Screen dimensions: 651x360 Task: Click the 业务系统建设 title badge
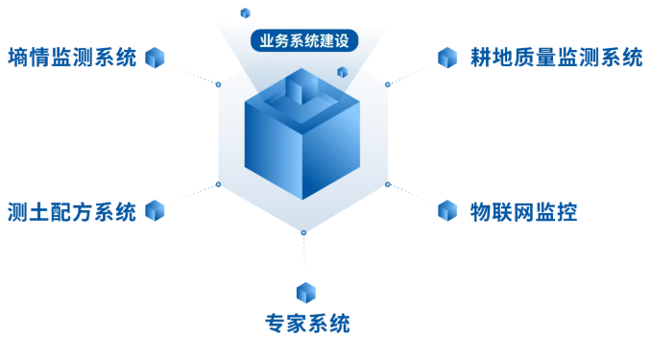[x=304, y=40]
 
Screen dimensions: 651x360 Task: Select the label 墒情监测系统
[x=72, y=58]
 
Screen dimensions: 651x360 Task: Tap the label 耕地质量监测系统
[x=557, y=58]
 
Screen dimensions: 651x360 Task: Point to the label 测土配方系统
[x=72, y=212]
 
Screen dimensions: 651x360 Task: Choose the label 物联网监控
[x=524, y=212]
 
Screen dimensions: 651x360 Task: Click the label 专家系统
[x=307, y=324]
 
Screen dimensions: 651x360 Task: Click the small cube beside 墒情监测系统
[x=155, y=58]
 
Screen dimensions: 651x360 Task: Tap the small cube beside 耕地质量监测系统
[x=447, y=58]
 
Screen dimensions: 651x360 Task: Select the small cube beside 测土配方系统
[x=155, y=210]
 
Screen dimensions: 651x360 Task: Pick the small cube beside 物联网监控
[x=447, y=210]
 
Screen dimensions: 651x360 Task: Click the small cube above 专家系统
[x=306, y=293]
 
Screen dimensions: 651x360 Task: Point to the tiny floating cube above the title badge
[x=246, y=12]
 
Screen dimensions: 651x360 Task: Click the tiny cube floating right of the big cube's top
[x=343, y=72]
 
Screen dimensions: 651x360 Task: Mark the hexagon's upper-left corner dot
[x=218, y=84]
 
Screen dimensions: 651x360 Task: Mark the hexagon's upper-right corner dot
[x=387, y=84]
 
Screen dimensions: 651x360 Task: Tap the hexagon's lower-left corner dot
[x=218, y=184]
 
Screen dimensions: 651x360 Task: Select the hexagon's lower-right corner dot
[x=387, y=184]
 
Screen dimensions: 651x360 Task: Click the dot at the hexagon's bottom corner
[x=303, y=233]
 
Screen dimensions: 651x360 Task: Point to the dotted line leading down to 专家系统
[x=304, y=255]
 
